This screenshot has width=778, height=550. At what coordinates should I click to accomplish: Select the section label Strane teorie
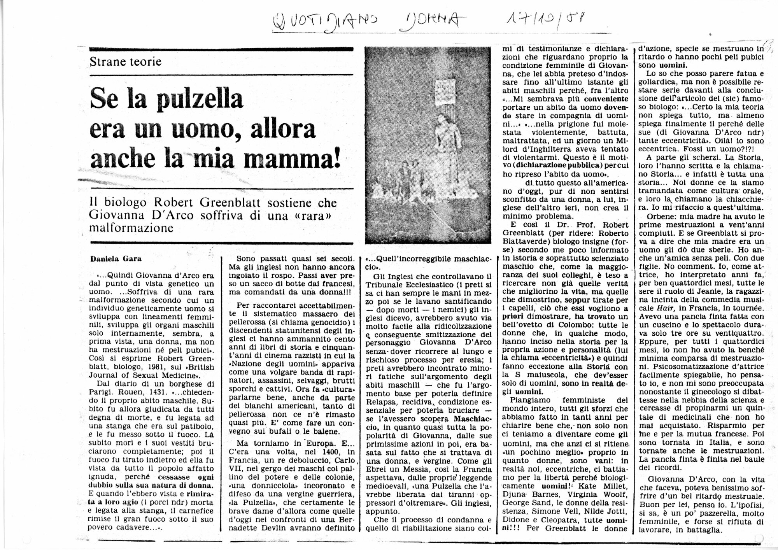pos(125,61)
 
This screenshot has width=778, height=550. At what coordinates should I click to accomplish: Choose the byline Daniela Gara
pos(116,258)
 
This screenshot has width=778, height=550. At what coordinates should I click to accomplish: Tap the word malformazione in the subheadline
pos(131,228)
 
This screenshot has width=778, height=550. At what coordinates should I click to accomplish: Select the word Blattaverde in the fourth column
pos(525,242)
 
